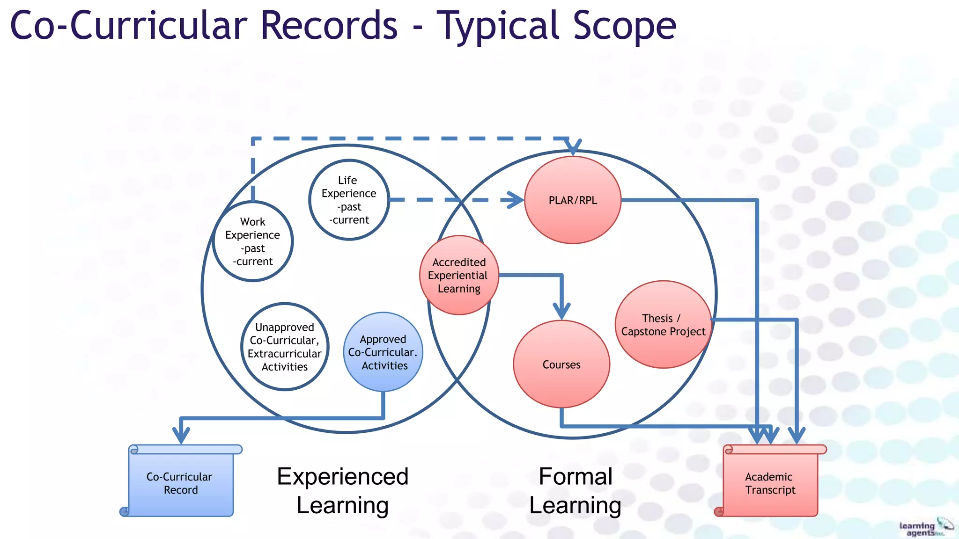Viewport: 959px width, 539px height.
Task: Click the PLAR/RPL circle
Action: [x=573, y=200]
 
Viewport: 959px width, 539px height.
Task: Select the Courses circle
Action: [x=561, y=364]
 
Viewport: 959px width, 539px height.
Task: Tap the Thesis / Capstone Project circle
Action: [x=663, y=325]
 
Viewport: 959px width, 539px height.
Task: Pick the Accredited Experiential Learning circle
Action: [x=459, y=275]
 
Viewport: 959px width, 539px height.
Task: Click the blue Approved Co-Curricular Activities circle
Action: [x=383, y=352]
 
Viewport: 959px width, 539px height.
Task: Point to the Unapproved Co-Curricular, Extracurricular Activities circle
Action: [x=285, y=347]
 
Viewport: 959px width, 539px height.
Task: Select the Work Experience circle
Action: [x=253, y=241]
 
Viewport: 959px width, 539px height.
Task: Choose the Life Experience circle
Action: [x=349, y=200]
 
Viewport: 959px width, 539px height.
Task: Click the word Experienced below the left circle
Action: [x=343, y=477]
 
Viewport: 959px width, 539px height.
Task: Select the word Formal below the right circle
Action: [x=575, y=477]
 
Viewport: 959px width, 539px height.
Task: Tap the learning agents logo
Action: [x=925, y=528]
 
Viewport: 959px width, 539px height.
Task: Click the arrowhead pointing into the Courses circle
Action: [x=561, y=311]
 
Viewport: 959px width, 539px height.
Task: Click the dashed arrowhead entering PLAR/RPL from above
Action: [x=573, y=147]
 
